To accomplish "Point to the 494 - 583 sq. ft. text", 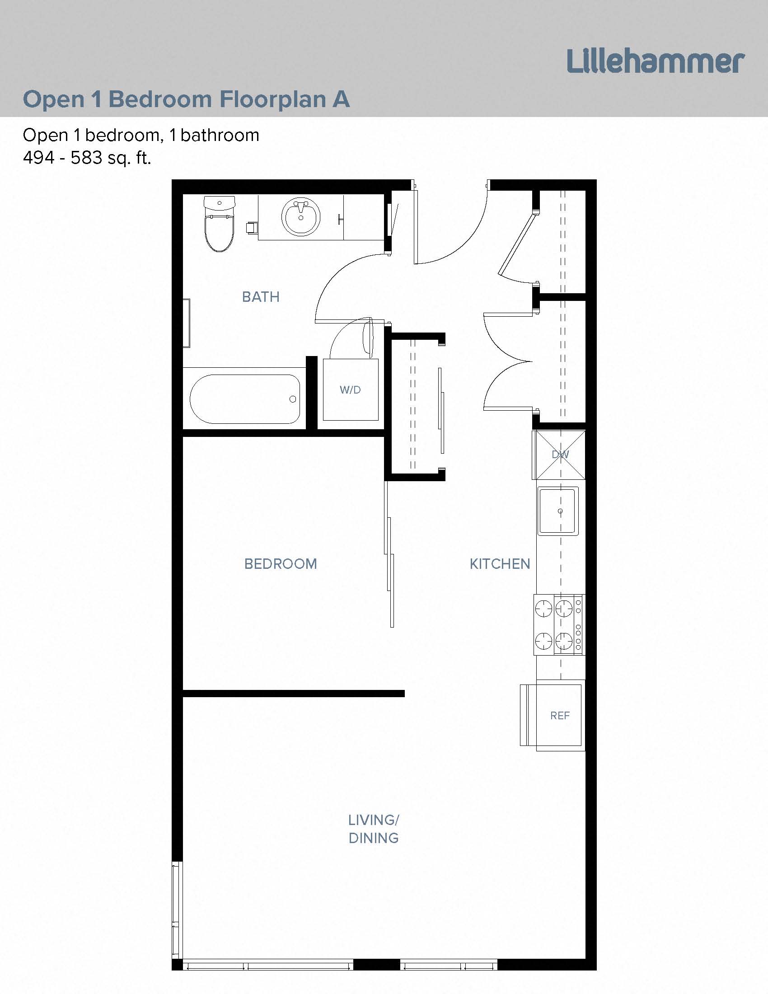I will (87, 158).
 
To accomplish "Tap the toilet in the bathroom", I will (219, 232).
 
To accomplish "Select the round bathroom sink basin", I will (300, 216).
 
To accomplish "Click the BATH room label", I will (261, 297).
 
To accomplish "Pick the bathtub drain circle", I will (293, 399).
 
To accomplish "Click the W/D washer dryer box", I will (350, 389).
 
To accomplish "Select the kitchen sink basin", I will (558, 511).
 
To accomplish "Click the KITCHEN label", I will (500, 564).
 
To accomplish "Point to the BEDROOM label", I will (280, 564).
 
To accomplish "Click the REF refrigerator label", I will (560, 716).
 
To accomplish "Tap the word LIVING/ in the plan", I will (374, 820).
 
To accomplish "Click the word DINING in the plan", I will (374, 838).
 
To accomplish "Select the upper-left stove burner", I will (543, 608).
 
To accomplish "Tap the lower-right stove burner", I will (564, 641).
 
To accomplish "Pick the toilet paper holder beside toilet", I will (251, 227).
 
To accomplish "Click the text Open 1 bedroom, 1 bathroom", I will (141, 135).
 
